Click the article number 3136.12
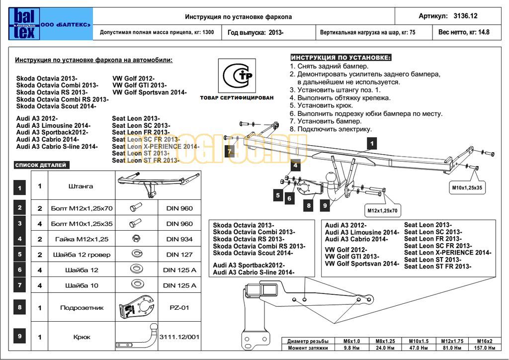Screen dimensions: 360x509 (x=465, y=16)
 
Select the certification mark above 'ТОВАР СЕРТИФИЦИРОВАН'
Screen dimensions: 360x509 (x=236, y=77)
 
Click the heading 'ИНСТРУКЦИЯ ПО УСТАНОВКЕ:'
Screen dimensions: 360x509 (x=341, y=58)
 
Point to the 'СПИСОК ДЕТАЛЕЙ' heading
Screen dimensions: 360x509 (x=41, y=165)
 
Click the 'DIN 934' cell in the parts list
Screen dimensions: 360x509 (x=179, y=239)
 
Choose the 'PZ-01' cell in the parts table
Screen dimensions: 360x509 (x=179, y=308)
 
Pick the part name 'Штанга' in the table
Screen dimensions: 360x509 (x=81, y=186)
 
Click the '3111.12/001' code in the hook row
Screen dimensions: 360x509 (x=179, y=337)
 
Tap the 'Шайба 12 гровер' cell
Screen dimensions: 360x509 (x=81, y=255)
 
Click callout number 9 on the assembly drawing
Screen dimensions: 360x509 (x=325, y=204)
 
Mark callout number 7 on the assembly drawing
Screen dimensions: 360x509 (x=230, y=151)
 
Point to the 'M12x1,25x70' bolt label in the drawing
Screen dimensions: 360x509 (x=382, y=211)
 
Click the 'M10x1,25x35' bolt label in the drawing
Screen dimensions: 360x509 (x=466, y=188)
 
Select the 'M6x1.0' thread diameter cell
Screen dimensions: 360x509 (x=351, y=341)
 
